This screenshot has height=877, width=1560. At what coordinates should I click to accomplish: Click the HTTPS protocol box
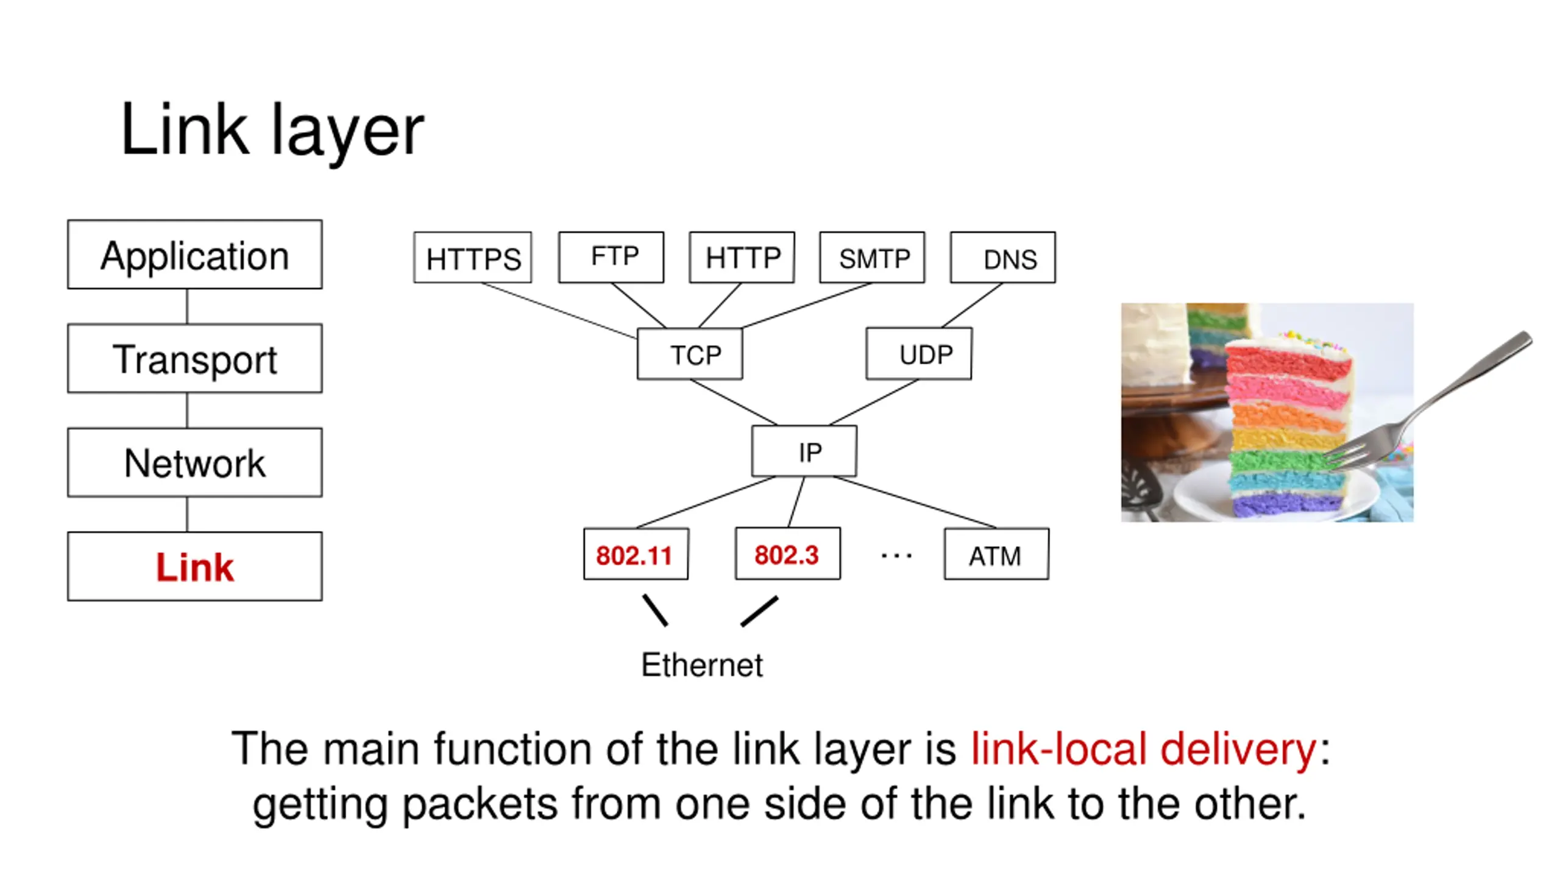coord(472,257)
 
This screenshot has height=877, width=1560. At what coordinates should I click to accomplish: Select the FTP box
coord(611,257)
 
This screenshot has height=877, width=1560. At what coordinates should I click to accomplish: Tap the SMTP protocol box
coord(872,257)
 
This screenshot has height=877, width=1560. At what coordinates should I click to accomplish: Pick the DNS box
coord(1003,257)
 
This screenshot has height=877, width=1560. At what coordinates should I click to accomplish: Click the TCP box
coord(690,354)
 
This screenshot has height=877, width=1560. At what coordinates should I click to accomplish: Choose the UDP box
coord(919,354)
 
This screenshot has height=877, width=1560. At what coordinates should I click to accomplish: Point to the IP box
coord(804,451)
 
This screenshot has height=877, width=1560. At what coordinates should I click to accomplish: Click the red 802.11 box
coord(636,554)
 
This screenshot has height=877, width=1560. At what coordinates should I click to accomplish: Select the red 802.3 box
coord(788,554)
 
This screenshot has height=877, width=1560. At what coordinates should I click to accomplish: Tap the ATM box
coord(997,554)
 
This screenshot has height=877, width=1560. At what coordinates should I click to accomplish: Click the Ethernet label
coord(702,664)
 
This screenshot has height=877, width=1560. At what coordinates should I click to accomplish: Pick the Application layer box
coord(195,255)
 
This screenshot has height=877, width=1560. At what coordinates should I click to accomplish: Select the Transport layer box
coord(195,358)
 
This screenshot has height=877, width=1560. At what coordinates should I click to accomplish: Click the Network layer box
coord(195,463)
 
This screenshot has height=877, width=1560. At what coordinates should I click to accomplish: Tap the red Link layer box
coord(195,566)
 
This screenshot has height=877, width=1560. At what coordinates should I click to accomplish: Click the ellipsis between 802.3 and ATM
coord(896,555)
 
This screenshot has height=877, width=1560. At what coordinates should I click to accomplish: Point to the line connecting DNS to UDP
coord(972,306)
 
